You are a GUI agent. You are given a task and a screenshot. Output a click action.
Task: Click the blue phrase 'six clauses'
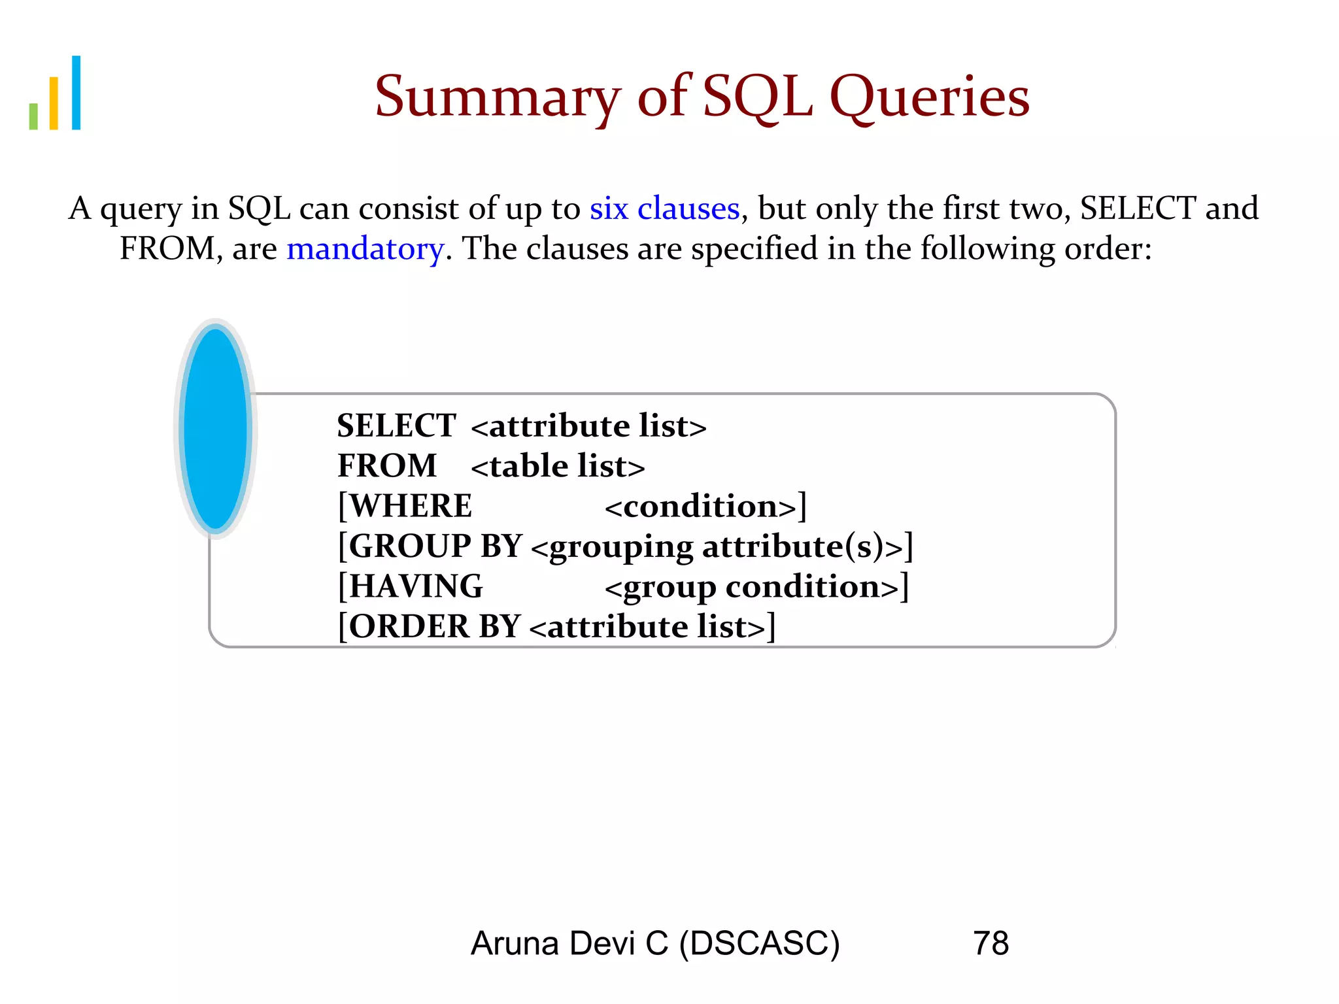(664, 209)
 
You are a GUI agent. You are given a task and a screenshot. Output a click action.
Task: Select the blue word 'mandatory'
(365, 249)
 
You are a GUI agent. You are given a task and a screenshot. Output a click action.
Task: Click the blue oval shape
(215, 429)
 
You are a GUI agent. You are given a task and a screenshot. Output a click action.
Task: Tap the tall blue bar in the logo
(76, 93)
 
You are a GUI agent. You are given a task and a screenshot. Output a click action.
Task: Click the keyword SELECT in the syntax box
(396, 426)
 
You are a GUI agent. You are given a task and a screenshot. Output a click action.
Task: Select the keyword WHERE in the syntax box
(411, 506)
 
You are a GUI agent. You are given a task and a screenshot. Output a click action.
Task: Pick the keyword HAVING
(416, 586)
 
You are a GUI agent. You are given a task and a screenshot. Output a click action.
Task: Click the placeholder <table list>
(558, 467)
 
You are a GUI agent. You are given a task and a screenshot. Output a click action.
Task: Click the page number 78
(991, 943)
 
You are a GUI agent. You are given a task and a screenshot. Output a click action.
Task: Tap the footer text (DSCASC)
(759, 944)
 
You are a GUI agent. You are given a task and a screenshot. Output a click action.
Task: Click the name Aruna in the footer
(515, 943)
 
